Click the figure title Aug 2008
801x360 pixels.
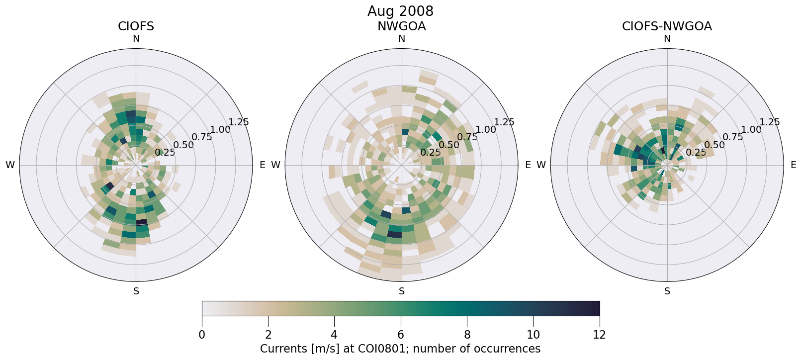pos(400,11)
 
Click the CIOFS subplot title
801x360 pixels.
pos(136,26)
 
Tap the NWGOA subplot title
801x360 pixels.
pos(401,26)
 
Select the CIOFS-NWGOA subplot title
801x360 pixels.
pos(667,26)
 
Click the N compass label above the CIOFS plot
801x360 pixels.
pos(136,39)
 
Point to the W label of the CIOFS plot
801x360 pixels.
pos(10,165)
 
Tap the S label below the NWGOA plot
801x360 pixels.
pos(401,291)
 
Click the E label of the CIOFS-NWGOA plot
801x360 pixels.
pos(793,165)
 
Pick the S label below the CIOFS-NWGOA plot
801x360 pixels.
pos(667,291)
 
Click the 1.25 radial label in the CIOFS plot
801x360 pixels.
pos(238,122)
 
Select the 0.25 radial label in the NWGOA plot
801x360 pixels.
pos(430,153)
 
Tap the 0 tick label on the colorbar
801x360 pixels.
pos(202,335)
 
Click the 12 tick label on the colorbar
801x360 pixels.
pos(599,335)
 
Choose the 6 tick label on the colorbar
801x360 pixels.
pos(401,335)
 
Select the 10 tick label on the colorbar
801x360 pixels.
pos(533,335)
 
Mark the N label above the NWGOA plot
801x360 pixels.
pos(401,39)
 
